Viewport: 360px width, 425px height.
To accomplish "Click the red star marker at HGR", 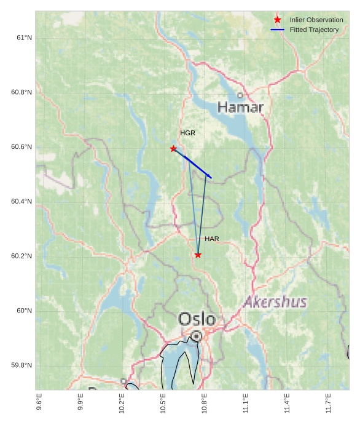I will [173, 149].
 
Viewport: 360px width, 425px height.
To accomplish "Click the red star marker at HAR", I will [198, 255].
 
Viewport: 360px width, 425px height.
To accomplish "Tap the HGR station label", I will [187, 133].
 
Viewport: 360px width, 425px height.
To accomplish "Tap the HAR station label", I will [212, 239].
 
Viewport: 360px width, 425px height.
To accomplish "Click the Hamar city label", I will [241, 108].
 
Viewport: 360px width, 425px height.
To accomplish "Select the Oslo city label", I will [197, 319].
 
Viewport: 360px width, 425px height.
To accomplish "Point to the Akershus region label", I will [275, 302].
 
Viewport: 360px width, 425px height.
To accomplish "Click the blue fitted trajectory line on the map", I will [193, 164].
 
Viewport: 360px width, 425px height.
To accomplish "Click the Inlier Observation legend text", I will [316, 20].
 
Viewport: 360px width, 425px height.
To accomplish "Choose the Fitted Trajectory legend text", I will [314, 30].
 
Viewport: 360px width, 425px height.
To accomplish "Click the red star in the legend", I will [278, 20].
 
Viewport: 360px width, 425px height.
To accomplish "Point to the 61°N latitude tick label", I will [24, 38].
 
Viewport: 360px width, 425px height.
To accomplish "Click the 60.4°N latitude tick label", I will [22, 202].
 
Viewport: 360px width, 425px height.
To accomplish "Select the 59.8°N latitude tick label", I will [22, 365].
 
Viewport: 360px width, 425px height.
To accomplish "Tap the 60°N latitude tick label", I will [24, 311].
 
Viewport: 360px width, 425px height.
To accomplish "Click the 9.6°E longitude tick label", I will [39, 403].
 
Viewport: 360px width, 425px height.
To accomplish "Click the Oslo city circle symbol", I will [196, 336].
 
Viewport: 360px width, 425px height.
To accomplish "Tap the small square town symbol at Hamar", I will [240, 95].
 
